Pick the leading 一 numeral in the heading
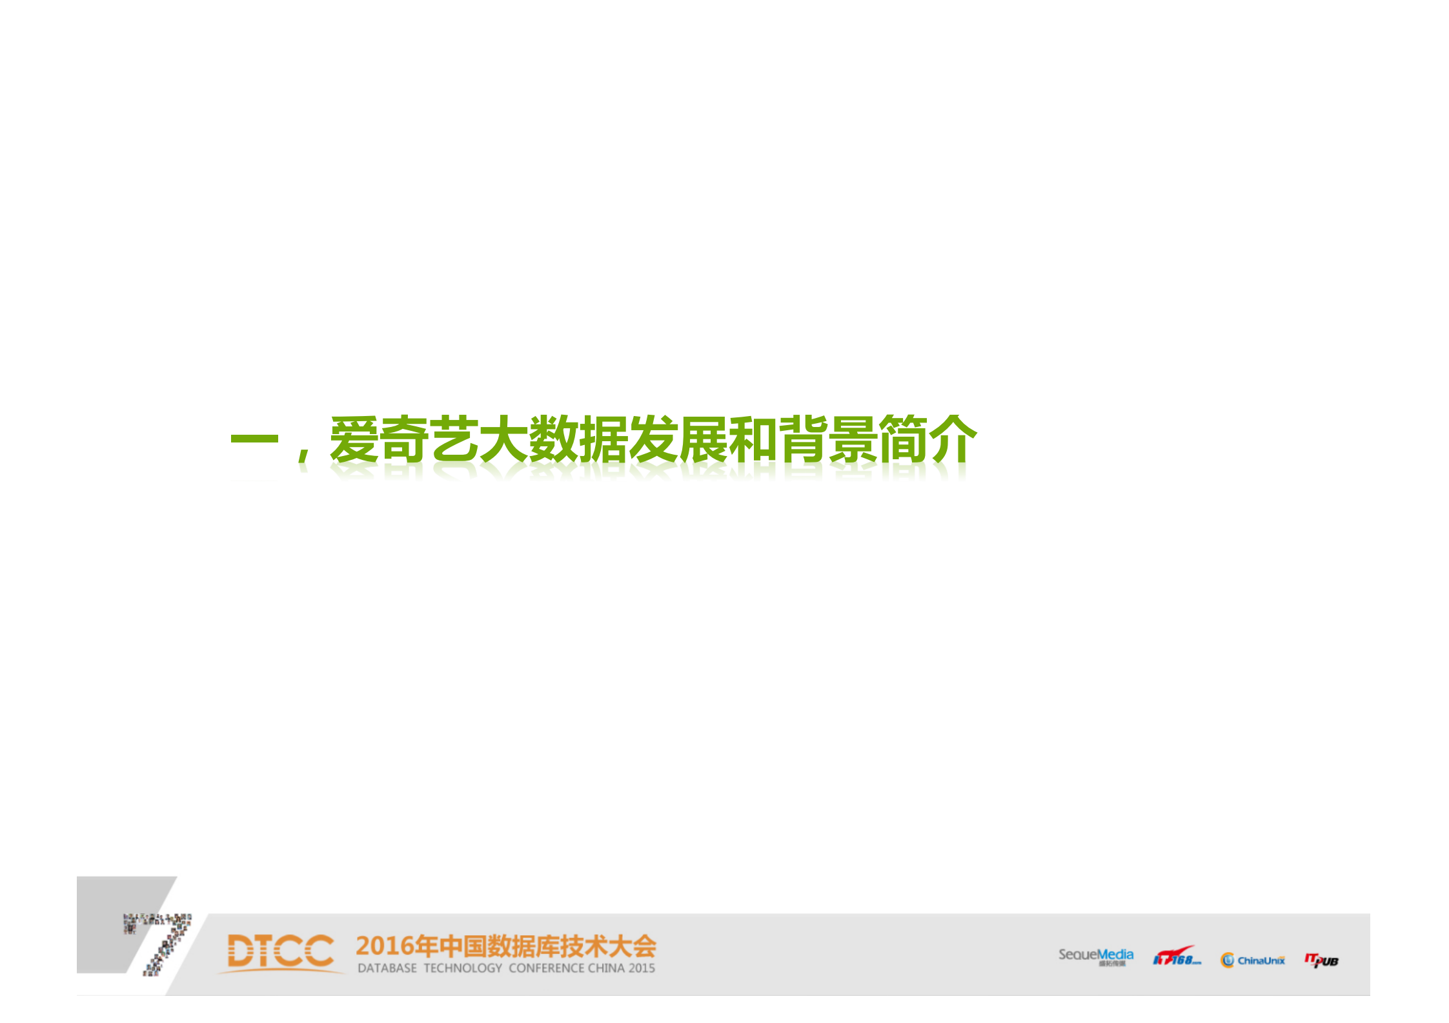[x=254, y=441]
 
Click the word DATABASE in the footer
[x=387, y=968]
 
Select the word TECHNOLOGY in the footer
[x=463, y=968]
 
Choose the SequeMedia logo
[x=1095, y=956]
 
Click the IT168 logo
[x=1176, y=957]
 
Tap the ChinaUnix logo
[x=1252, y=960]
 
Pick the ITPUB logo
[x=1321, y=960]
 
